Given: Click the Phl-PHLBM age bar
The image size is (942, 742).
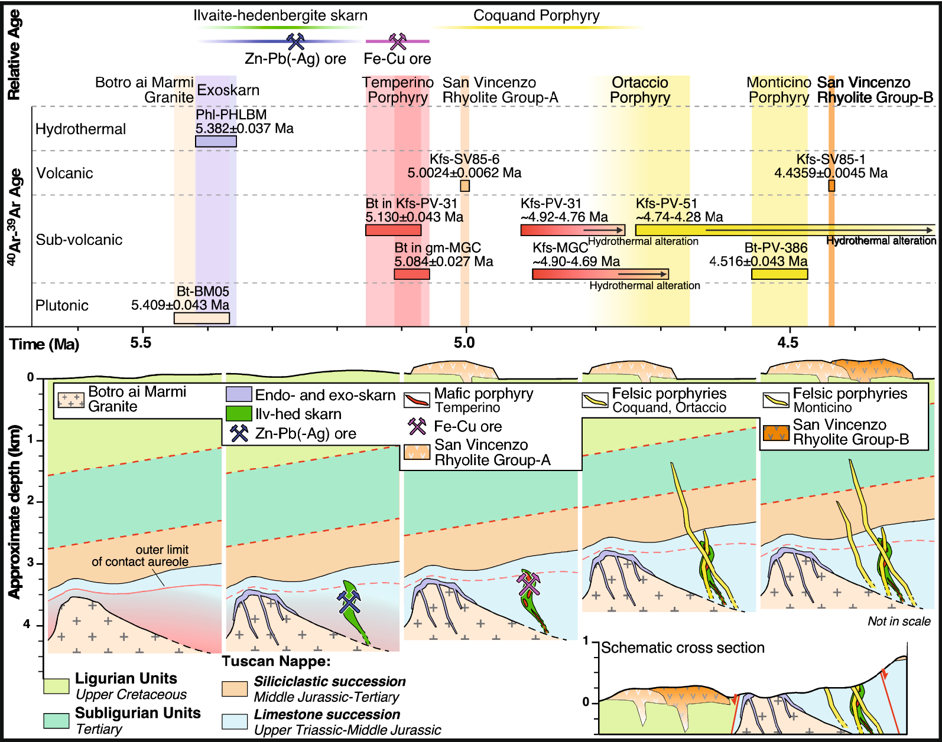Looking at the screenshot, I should coord(216,141).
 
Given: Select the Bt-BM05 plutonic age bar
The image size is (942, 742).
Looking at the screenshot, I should coord(202,318).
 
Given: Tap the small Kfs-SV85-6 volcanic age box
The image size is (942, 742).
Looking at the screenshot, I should coord(465,186).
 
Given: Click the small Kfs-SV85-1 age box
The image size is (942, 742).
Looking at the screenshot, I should coord(831,186).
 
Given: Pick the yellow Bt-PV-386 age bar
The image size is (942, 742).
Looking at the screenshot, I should coord(779,274).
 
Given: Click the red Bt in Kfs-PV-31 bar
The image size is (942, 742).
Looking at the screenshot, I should coord(393,230).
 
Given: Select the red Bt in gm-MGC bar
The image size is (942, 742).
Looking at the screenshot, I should coord(412,274).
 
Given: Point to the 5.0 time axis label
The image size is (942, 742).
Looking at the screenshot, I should coord(464,343).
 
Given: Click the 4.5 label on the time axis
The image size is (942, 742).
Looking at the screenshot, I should coord(787,343).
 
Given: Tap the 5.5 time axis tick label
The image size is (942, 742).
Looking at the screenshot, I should coord(141,343).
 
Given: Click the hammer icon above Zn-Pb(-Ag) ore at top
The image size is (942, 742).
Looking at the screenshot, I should coord(295,41).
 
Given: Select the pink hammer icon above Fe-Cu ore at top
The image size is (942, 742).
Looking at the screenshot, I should coord(398,41).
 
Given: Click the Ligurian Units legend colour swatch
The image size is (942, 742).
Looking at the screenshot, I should coord(56,686).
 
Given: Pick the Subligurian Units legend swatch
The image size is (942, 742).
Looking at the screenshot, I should coord(56,720).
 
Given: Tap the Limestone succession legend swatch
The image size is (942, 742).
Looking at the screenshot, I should coord(235,721).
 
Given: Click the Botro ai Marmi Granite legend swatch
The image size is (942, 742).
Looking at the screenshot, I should coord(71,400).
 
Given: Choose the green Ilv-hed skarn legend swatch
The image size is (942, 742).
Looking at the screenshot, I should coord(239,414).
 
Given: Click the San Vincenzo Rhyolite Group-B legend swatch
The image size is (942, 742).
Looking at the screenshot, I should coord(776,433).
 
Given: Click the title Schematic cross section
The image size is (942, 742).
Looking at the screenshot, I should coord(683,648).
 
